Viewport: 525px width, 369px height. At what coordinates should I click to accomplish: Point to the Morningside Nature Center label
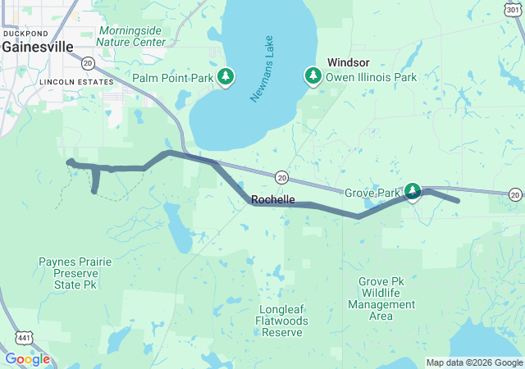coord(132,36)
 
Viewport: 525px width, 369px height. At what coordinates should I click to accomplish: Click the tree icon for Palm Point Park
coord(226,77)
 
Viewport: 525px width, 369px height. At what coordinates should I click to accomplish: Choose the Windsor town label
coord(349,62)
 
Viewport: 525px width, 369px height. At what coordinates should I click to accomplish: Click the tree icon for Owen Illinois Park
coord(313,77)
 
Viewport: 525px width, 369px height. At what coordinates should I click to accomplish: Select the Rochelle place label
coord(272,199)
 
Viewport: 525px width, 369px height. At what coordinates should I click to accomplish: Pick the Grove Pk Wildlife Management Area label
coord(386,293)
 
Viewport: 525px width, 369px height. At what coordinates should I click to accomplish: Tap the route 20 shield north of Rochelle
coord(281,176)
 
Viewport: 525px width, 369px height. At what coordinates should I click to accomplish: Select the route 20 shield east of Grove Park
coord(514,194)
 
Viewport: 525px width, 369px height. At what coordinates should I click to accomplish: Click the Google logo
coord(27,359)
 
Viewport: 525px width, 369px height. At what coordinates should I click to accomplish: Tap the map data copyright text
coord(473,362)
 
